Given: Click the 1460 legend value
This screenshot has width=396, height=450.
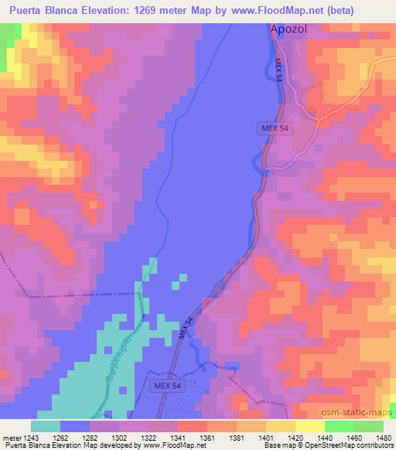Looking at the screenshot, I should [x=354, y=438].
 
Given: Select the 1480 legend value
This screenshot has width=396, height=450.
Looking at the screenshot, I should [x=383, y=438].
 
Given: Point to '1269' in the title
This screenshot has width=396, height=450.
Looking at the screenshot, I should [x=155, y=12].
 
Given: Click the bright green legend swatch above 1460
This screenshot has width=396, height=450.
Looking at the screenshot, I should [x=339, y=426].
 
